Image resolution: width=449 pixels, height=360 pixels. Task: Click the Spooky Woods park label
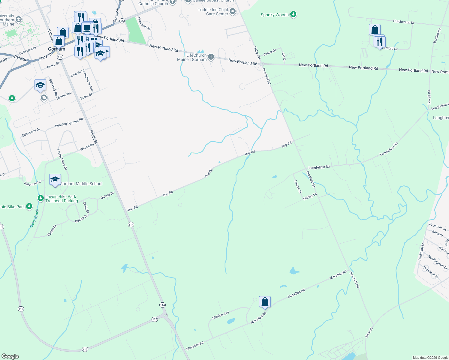click(275, 15)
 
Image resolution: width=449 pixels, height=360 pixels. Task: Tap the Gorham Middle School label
click(81, 184)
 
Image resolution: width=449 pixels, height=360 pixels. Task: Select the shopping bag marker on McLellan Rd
click(265, 302)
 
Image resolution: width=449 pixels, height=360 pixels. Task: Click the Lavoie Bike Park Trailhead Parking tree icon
click(41, 198)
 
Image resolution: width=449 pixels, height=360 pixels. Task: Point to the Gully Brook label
click(35, 218)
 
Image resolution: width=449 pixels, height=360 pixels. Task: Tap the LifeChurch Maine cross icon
click(211, 57)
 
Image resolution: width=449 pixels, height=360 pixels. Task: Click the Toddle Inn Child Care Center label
click(213, 12)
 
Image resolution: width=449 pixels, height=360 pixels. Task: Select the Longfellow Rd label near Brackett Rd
click(319, 167)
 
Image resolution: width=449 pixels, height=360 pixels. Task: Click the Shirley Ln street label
click(310, 197)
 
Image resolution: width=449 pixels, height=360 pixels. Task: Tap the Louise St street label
click(297, 187)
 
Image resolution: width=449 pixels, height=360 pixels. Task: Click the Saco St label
click(369, 332)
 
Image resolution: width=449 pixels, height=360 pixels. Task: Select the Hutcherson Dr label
click(403, 22)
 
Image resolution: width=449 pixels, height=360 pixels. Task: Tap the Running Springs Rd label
click(69, 123)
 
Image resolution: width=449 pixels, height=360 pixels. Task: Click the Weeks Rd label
click(87, 147)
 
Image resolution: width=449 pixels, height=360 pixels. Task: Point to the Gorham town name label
click(56, 49)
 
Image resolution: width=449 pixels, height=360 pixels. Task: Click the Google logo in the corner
click(10, 356)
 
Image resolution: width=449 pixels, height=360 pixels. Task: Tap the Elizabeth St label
click(144, 23)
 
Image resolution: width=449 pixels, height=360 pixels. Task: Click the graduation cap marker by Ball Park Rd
click(40, 85)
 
